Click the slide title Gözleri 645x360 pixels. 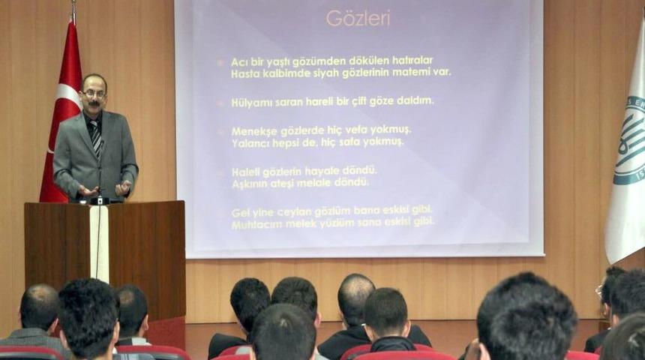358,18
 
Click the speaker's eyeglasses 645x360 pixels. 94,93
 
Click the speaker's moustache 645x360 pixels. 94,104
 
